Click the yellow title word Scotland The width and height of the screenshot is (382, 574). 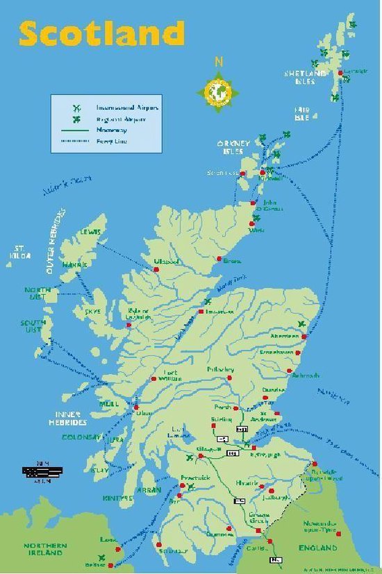102,33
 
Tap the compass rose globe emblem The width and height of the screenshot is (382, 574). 219,90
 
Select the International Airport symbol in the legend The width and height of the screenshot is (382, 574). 78,108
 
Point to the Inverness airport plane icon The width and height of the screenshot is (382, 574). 208,303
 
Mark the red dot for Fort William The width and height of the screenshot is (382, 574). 153,379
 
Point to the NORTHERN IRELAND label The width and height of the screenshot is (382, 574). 46,549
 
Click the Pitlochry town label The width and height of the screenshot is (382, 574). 220,370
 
